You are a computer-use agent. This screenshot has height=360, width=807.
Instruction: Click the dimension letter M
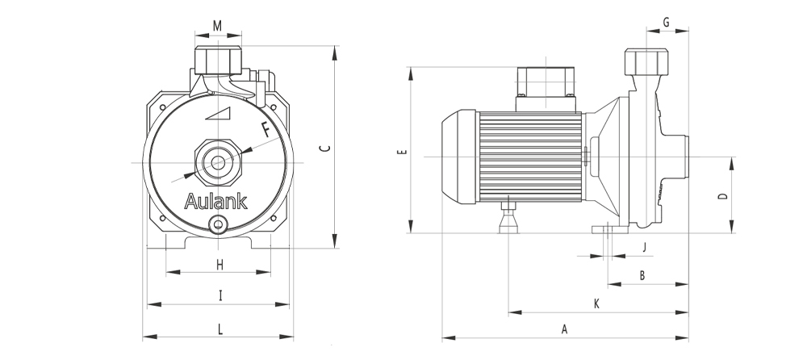(217, 26)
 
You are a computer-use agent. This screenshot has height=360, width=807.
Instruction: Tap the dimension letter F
(266, 128)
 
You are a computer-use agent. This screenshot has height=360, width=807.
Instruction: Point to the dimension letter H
(220, 265)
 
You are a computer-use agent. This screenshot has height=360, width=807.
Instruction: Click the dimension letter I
(220, 295)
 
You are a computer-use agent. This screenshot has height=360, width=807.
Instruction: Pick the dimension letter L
(220, 327)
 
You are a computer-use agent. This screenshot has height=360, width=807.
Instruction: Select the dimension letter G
(666, 23)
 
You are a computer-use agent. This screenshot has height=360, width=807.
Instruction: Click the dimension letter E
(403, 151)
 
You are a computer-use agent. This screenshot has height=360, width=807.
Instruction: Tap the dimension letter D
(723, 195)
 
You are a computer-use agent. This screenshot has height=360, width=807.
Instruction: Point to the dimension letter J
(643, 246)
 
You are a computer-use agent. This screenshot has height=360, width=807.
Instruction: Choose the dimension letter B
(642, 275)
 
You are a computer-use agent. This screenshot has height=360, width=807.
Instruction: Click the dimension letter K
(596, 303)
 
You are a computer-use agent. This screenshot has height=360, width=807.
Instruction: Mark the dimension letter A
(565, 329)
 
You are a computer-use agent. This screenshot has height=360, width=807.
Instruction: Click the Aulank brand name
(215, 201)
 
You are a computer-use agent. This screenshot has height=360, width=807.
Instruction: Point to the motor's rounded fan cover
(458, 155)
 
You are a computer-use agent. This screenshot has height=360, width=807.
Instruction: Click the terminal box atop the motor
(546, 88)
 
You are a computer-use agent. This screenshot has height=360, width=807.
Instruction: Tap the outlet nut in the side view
(647, 61)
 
